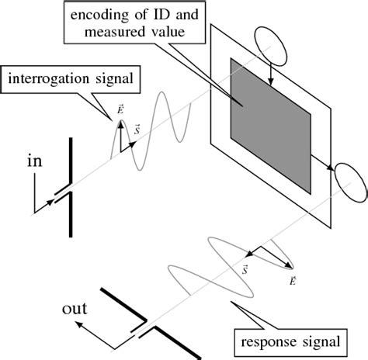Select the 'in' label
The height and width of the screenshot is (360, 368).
(x=34, y=161)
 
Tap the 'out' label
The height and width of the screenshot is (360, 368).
(x=75, y=310)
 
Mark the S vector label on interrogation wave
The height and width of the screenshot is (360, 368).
(x=137, y=129)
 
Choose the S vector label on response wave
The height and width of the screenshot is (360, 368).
(x=245, y=270)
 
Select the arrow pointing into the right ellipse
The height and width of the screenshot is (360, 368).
(x=326, y=164)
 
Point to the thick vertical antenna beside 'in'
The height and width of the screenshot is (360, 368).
(x=72, y=186)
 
